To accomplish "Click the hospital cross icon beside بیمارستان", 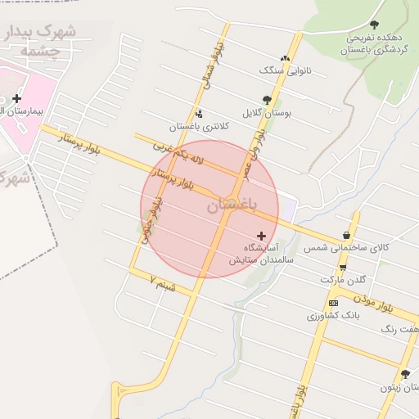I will click(16, 98).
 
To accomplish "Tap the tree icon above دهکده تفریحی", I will click(375, 25).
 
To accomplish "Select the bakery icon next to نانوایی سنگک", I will click(285, 58).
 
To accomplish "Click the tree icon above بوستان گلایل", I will click(267, 100).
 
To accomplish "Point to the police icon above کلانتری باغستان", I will click(199, 114).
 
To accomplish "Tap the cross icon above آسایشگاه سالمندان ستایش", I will click(261, 235).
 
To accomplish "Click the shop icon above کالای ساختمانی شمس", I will click(346, 236).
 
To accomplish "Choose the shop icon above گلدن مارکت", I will click(342, 268).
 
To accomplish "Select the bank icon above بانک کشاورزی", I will click(332, 303).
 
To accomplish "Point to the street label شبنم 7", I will click(163, 284).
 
